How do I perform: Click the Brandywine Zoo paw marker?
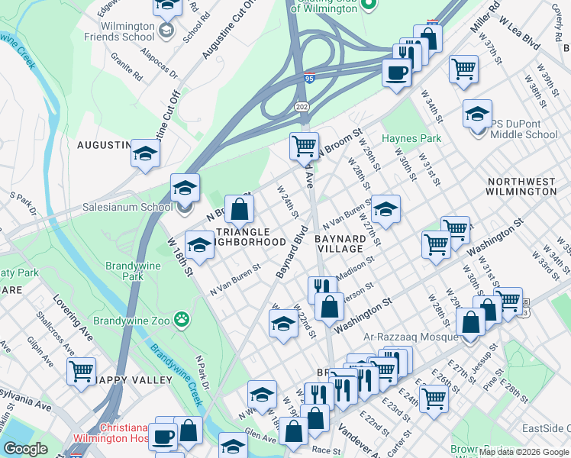182,318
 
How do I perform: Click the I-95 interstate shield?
309,78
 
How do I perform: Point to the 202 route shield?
302,106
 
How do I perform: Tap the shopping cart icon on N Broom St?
305,144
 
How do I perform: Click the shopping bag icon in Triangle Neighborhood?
240,208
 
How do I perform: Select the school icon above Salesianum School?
185,188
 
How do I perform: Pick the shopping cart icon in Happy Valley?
81,372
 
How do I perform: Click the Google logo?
25,449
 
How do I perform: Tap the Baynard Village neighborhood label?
339,244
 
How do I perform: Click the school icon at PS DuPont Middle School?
477,114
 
